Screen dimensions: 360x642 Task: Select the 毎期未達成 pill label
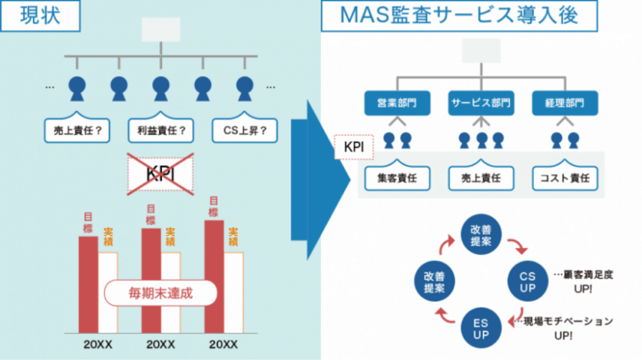tap(160, 292)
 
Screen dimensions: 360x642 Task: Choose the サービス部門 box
tap(481, 103)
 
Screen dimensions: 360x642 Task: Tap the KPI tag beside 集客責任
tap(354, 148)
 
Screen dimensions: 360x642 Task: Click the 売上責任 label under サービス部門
tap(481, 178)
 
